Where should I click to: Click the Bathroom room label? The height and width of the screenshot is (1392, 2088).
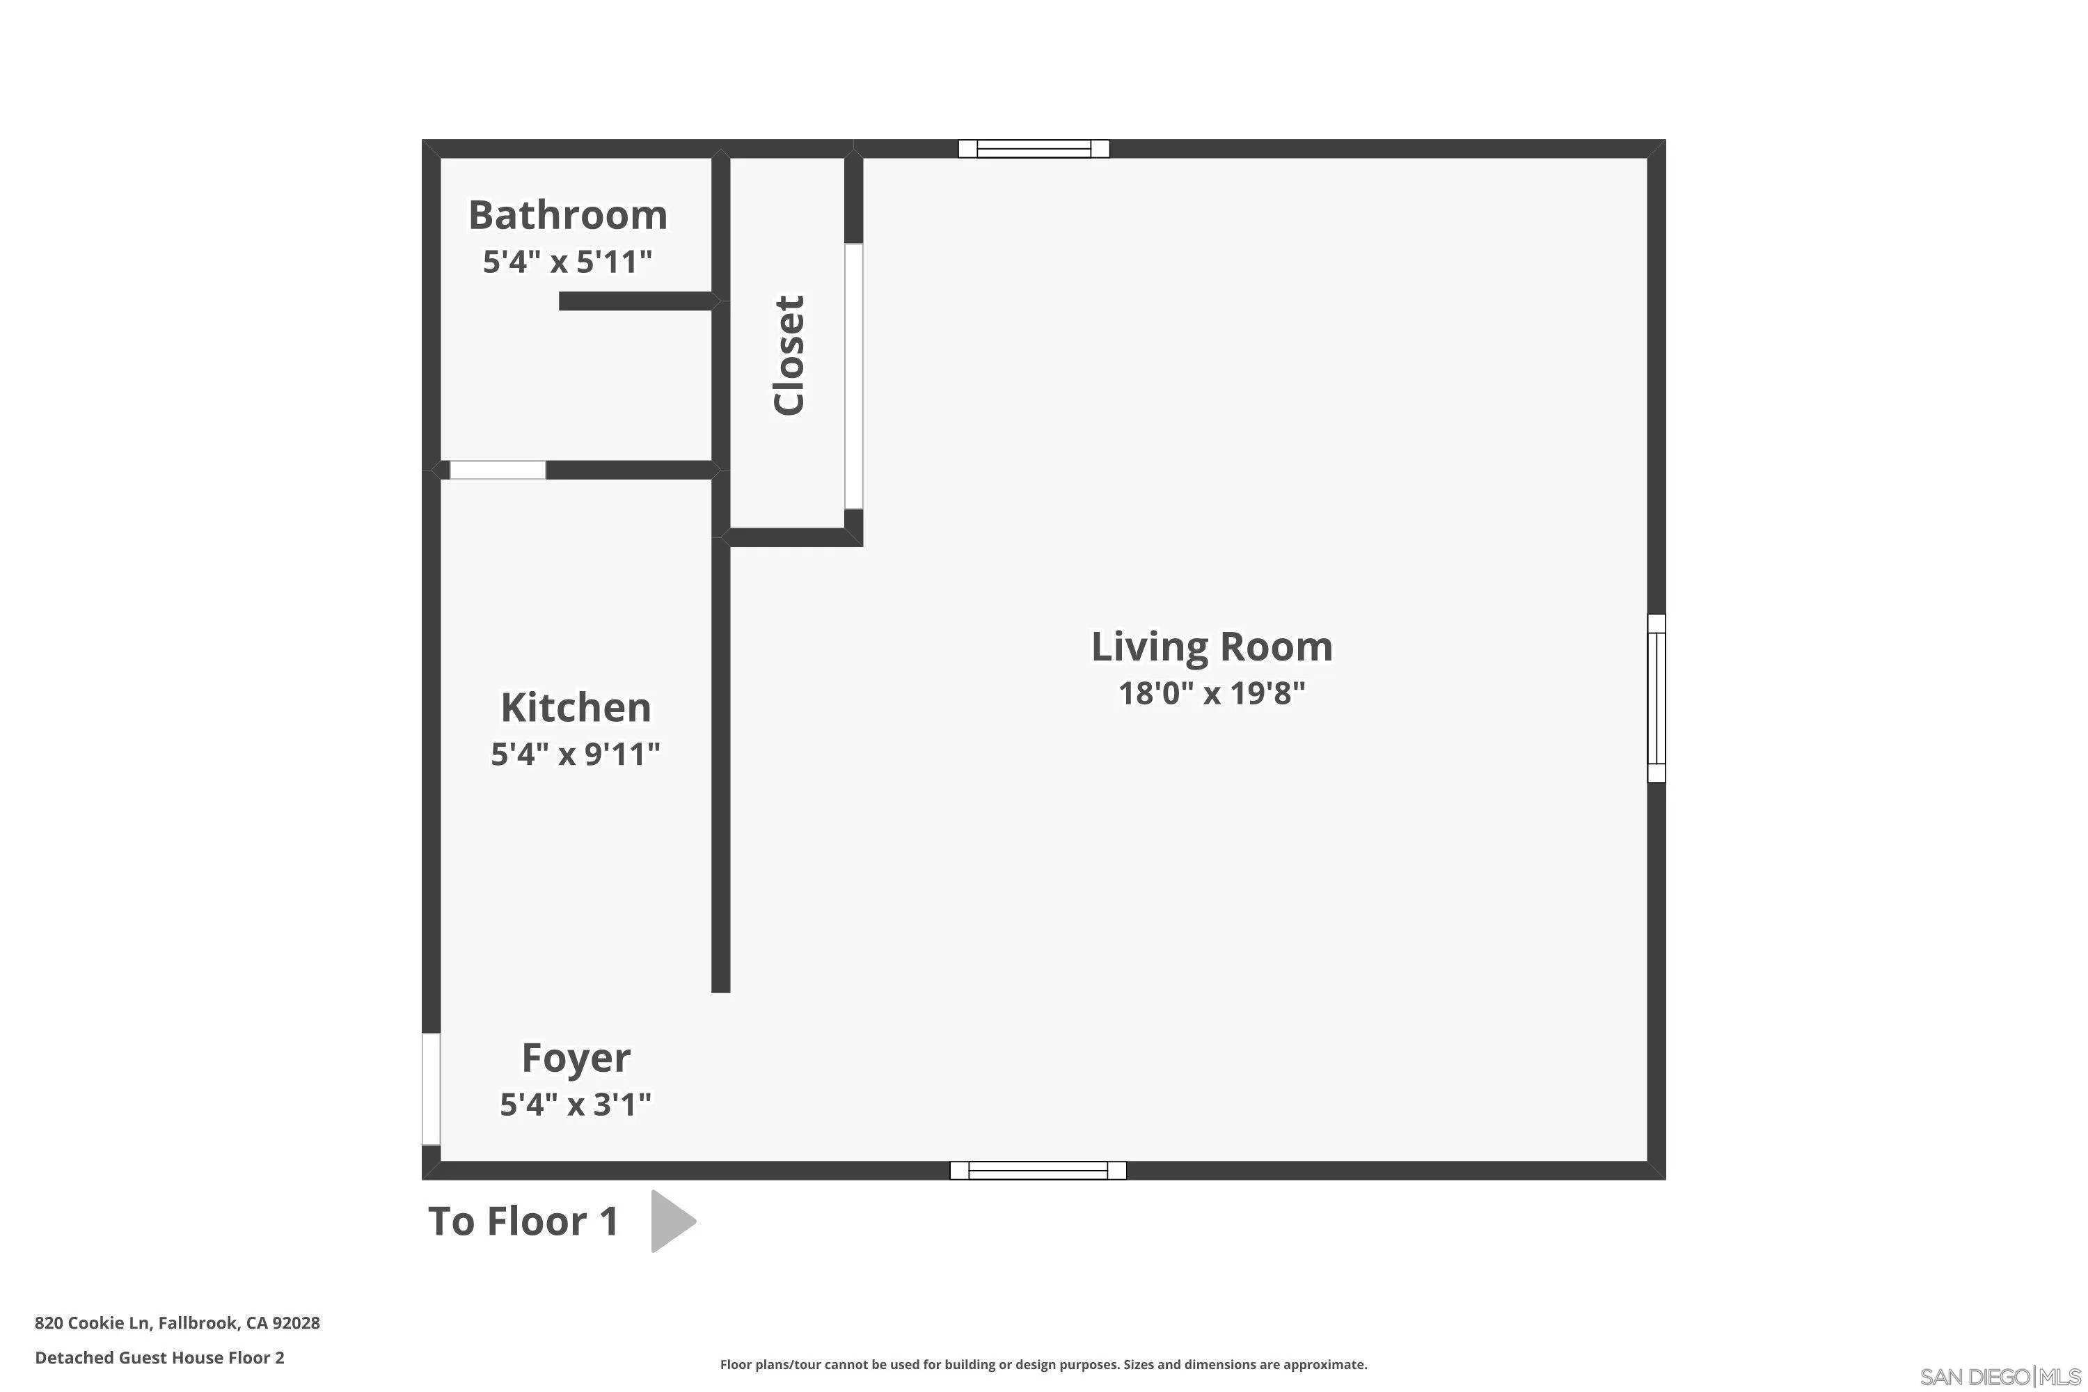pos(567,216)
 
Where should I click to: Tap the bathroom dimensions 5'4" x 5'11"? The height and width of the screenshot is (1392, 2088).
pos(567,262)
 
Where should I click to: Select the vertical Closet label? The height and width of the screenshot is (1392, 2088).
pos(789,355)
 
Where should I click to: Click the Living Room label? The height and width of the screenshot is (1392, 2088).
pos(1211,647)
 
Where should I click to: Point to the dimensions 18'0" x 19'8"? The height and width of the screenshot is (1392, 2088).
pos(1211,693)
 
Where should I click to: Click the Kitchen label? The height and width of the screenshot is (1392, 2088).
pos(576,709)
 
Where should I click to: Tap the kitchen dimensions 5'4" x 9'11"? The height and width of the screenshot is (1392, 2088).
pos(576,754)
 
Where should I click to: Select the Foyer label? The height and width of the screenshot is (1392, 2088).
pos(576,1058)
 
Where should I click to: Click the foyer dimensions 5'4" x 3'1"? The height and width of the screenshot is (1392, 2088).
pos(576,1105)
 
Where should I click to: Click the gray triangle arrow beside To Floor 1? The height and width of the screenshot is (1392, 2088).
pos(670,1221)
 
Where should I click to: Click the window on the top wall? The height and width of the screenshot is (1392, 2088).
pos(1034,149)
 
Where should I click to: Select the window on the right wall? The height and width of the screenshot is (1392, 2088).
pos(1656,698)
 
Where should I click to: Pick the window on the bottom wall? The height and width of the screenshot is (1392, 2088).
pos(1038,1170)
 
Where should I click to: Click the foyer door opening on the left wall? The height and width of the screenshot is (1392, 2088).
pos(431,1089)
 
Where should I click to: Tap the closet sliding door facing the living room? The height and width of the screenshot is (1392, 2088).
pos(853,377)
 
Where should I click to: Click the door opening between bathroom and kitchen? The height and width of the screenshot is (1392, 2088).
pos(497,470)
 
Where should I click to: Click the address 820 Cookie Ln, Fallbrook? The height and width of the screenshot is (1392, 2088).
pos(177,1323)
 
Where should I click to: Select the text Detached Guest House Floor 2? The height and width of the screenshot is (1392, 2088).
pos(160,1357)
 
